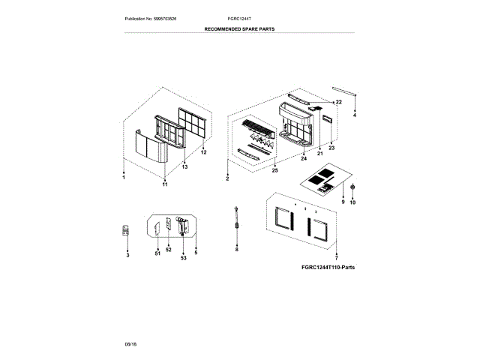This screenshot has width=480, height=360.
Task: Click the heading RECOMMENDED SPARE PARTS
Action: tap(239, 28)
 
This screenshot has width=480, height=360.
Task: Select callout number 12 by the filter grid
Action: tap(202, 153)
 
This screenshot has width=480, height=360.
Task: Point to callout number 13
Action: tap(184, 166)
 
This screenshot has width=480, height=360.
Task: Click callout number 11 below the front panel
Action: tap(165, 183)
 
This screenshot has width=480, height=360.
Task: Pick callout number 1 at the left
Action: tap(124, 177)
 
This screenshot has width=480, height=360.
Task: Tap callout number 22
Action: tap(338, 101)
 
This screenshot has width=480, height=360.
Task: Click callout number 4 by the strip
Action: tap(355, 114)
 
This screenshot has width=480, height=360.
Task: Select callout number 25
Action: tap(274, 171)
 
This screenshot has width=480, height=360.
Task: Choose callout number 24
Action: tap(304, 159)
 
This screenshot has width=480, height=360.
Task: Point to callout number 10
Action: tap(353, 202)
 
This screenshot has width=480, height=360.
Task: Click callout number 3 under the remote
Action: tap(127, 256)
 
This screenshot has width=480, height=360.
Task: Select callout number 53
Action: tap(183, 257)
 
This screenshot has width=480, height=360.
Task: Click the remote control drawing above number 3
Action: tap(126, 232)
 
